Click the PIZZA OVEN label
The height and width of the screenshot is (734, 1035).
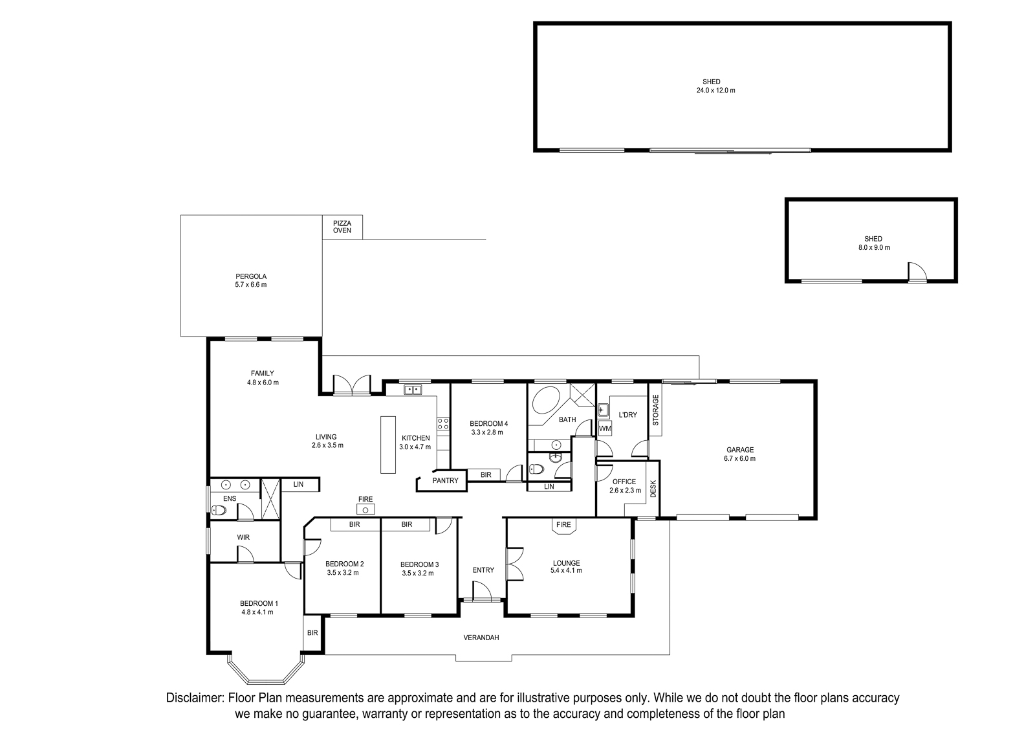tap(342, 227)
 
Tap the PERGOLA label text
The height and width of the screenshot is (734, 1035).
tap(251, 276)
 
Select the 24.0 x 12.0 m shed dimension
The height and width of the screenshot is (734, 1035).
tap(715, 91)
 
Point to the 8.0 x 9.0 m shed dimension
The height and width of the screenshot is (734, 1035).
tap(873, 248)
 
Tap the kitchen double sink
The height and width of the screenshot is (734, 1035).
tap(413, 390)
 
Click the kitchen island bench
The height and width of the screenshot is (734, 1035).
tap(388, 445)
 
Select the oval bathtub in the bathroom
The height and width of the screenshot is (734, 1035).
tap(546, 400)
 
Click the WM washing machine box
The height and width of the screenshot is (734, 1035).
tap(605, 428)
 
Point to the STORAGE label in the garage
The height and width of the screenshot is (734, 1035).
tap(655, 410)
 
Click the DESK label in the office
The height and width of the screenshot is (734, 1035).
tap(653, 489)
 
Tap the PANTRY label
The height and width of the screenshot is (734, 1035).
tap(446, 481)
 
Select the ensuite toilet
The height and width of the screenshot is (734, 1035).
tap(219, 510)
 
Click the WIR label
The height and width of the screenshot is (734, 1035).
tap(243, 537)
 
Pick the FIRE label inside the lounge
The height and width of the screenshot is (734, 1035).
tap(563, 525)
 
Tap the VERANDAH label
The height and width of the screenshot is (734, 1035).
tap(481, 638)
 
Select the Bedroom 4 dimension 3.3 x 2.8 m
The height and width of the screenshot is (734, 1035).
tap(487, 432)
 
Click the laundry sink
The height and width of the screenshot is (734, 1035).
tap(602, 410)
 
